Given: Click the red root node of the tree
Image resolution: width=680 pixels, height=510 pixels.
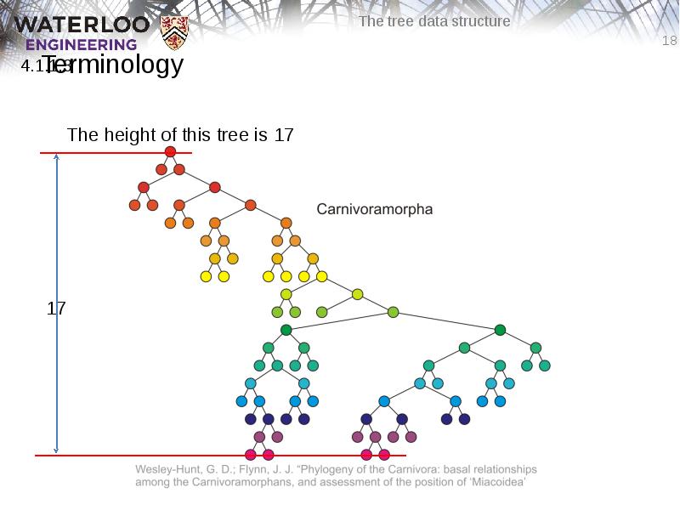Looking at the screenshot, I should (170, 151).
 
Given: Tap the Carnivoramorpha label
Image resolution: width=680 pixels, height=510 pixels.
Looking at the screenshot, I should (375, 208).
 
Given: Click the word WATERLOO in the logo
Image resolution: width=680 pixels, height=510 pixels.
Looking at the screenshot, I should (82, 24).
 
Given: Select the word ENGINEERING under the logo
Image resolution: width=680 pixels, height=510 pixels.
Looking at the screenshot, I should (82, 45).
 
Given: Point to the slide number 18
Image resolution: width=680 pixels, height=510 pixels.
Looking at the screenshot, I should (669, 41).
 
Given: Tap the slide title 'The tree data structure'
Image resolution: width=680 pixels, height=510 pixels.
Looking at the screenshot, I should (434, 21).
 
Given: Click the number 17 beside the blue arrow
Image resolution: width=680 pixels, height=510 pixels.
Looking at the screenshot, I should (56, 309).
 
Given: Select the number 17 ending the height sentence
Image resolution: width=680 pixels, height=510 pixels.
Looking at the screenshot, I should (284, 134).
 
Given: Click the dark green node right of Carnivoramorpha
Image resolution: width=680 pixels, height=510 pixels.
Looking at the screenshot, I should (500, 330).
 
